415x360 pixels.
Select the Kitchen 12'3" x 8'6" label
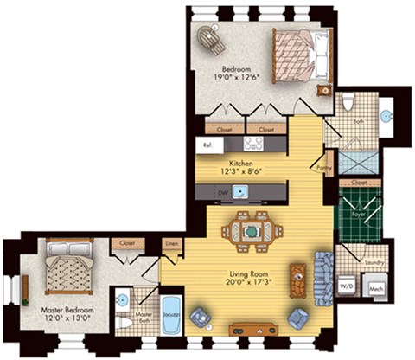[240, 166]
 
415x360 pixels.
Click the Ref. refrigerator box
[208, 145]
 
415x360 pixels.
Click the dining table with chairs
[252, 230]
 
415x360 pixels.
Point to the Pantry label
[325, 165]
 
